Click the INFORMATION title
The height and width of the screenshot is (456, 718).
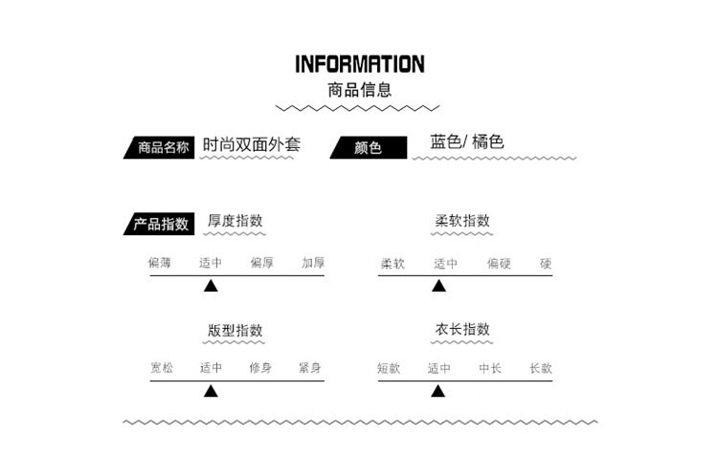click(x=359, y=64)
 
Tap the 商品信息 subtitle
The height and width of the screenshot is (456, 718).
click(x=359, y=90)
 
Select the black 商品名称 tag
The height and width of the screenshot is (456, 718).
click(x=162, y=148)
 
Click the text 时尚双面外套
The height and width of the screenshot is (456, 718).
click(x=252, y=145)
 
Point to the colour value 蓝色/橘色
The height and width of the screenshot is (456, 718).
click(x=467, y=142)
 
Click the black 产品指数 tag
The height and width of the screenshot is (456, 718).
click(x=159, y=225)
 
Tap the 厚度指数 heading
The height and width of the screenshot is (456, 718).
click(x=236, y=221)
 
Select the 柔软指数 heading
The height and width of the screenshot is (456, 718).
click(x=462, y=221)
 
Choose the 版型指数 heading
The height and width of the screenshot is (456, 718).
click(x=236, y=330)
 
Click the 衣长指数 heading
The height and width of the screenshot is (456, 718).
click(x=462, y=329)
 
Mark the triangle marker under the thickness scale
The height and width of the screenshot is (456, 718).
click(x=211, y=285)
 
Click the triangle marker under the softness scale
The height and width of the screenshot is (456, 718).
click(x=438, y=285)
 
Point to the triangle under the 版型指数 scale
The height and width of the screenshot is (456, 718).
click(x=211, y=390)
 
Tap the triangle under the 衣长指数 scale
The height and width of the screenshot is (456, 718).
click(x=438, y=390)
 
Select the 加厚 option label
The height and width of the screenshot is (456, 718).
click(x=312, y=263)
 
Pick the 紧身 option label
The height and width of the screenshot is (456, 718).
click(x=309, y=368)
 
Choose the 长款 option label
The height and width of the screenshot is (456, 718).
click(x=541, y=368)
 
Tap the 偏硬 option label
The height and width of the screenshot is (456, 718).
click(x=498, y=263)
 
